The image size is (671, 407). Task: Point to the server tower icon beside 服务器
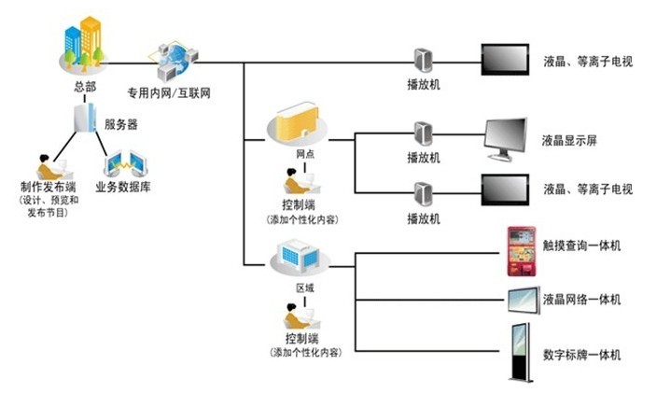coord(86,120)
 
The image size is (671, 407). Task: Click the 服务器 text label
coord(121,124)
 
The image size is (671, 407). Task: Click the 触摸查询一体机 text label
coord(581,246)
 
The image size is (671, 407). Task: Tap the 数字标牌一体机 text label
coord(581,355)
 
